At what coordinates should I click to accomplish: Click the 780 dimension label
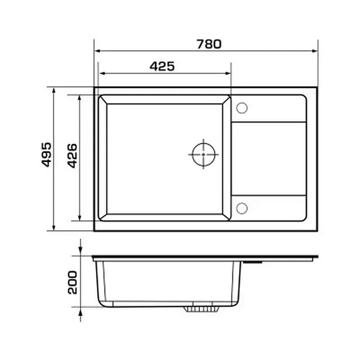(209, 44)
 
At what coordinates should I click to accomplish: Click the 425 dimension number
(162, 66)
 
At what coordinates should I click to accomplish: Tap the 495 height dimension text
(47, 154)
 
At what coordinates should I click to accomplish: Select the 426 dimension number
(72, 156)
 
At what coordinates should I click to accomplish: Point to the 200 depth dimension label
(72, 283)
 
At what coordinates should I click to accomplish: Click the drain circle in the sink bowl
(204, 154)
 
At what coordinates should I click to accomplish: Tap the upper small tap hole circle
(242, 108)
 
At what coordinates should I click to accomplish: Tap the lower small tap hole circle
(242, 208)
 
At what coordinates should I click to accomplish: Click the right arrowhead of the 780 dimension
(315, 51)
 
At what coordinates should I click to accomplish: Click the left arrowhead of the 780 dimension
(98, 51)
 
